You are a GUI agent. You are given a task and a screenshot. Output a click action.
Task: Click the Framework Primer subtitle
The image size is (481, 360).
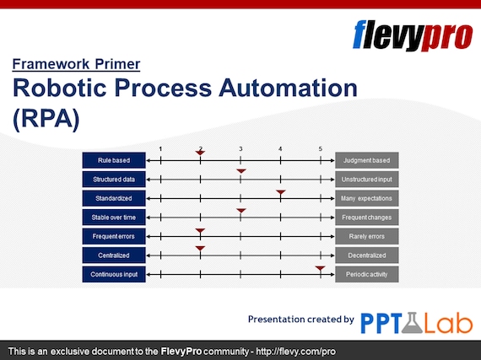(76, 64)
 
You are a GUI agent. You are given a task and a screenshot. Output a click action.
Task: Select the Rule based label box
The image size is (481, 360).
(114, 160)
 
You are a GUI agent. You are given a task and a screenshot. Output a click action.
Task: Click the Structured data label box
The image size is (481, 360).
(114, 180)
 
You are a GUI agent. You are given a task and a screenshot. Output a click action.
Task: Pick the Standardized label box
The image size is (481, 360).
(114, 198)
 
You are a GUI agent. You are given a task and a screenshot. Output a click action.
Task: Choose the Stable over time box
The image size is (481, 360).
(114, 218)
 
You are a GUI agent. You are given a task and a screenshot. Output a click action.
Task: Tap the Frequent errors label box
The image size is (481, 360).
(114, 236)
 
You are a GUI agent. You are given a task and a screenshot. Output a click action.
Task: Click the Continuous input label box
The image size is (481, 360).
(114, 274)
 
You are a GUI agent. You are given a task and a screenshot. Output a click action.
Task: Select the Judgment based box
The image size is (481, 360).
(367, 160)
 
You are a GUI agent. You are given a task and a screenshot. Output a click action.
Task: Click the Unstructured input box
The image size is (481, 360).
(367, 180)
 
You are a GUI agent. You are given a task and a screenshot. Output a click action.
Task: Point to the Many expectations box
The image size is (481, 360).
(367, 198)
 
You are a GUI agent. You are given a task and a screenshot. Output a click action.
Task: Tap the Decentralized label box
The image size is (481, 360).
(367, 255)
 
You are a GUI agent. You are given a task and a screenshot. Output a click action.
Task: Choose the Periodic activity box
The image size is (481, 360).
(367, 274)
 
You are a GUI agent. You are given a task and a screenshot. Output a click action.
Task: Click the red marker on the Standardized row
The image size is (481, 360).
(281, 192)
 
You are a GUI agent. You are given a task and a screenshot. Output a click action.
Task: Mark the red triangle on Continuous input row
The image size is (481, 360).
(321, 268)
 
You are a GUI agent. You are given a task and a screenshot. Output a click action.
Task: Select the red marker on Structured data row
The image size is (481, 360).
(240, 173)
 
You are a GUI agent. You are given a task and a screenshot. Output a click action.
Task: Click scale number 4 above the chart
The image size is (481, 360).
(280, 149)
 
